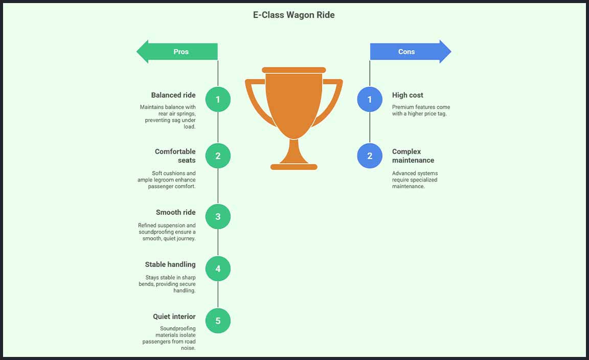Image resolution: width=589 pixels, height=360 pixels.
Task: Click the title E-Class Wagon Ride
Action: [x=294, y=15]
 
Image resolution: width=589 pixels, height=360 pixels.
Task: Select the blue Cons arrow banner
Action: [x=410, y=52]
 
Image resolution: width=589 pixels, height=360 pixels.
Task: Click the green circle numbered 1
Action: [x=218, y=99]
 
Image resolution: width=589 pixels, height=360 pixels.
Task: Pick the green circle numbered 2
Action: [x=218, y=156]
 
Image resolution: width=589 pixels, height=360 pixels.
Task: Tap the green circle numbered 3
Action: [x=218, y=216]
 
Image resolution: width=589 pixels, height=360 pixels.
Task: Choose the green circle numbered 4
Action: [x=218, y=268]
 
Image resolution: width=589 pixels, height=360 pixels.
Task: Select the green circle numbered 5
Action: [x=218, y=321]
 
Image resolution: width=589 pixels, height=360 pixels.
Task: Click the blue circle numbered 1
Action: [x=370, y=99]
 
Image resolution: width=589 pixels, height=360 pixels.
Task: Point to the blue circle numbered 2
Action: [x=370, y=156]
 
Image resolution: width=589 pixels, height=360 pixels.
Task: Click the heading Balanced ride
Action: [x=173, y=95]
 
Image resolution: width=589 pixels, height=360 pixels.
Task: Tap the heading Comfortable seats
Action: [x=175, y=156]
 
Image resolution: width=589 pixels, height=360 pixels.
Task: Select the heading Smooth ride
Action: [x=176, y=212]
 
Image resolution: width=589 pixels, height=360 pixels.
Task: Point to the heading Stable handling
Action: [x=170, y=264]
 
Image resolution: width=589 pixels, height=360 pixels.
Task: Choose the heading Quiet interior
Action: [x=174, y=317]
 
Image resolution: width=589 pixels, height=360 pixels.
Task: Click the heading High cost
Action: [x=407, y=95]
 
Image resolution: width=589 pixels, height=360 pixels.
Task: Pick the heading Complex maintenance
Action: [x=413, y=156]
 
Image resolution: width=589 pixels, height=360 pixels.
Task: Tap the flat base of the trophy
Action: [x=294, y=167]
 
